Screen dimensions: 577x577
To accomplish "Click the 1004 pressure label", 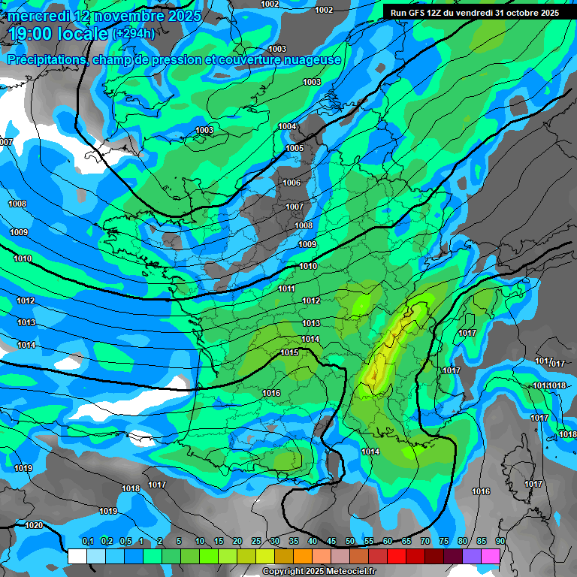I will (288, 126).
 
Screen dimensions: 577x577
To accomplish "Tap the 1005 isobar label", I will (295, 148).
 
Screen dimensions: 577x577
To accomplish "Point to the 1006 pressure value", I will (292, 183).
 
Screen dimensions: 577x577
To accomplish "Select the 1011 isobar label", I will (286, 288).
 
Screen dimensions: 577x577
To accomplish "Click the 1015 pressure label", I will (289, 352).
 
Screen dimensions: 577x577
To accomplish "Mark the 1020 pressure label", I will (34, 525).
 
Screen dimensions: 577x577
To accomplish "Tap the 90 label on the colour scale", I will (500, 541).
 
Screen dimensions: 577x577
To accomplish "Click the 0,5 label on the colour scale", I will (125, 541).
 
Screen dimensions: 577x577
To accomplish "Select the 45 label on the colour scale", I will (331, 541).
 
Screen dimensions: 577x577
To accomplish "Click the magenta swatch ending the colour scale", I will (491, 556).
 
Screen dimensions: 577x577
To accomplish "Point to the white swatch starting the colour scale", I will (77, 556).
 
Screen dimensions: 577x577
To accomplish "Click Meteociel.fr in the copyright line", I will (349, 571).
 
